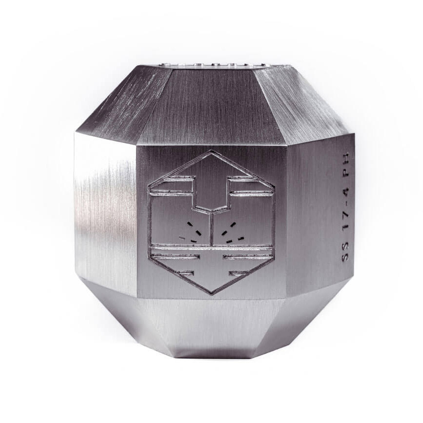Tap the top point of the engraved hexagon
pos(212,152)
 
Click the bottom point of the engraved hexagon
pos(212,294)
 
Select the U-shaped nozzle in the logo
pos(212,194)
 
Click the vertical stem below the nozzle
pos(212,228)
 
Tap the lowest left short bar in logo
pos(186,273)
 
